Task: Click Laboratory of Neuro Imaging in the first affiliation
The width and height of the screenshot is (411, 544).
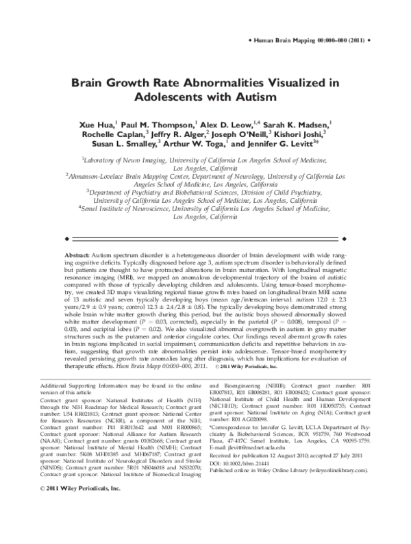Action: (x=121, y=159)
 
